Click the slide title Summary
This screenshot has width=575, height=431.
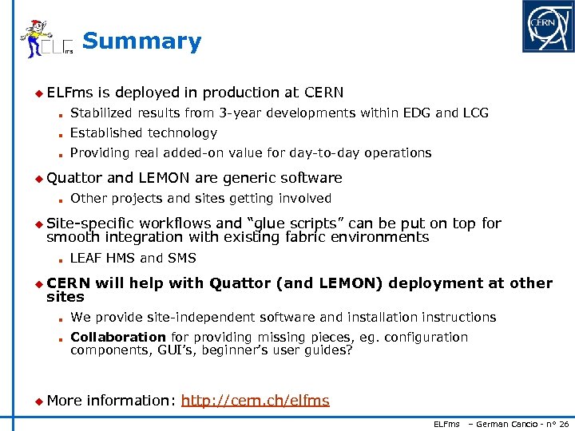click(x=141, y=42)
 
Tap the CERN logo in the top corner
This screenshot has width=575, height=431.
click(x=547, y=26)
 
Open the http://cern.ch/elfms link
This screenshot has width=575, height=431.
click(x=255, y=401)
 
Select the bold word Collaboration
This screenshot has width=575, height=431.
click(x=117, y=337)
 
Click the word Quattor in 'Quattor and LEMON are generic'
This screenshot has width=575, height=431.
click(x=74, y=178)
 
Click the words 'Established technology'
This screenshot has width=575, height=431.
click(x=143, y=133)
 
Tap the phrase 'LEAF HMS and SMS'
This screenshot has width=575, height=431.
click(x=133, y=258)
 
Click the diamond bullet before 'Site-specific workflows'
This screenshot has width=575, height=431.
click(x=38, y=224)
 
